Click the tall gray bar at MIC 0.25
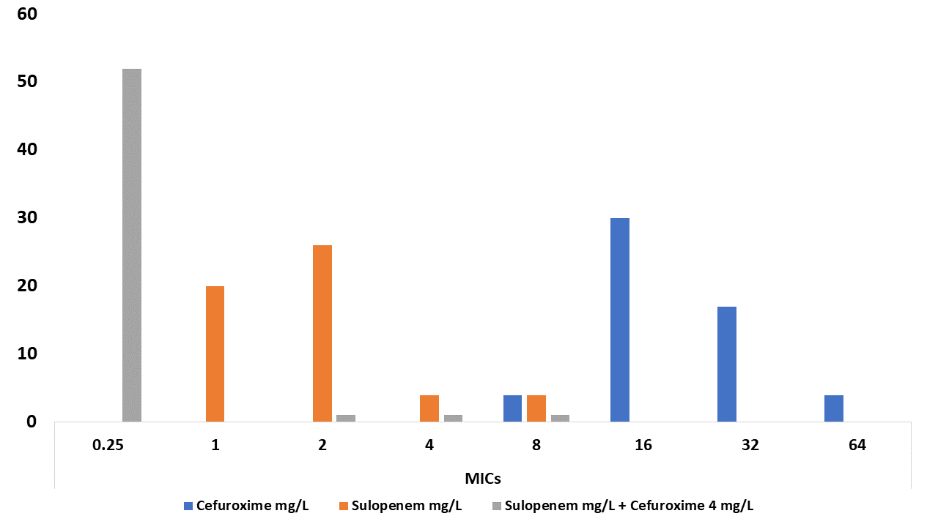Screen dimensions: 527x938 (132, 245)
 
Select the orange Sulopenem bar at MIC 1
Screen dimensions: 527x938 (215, 354)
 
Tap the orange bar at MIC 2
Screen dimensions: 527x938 (322, 333)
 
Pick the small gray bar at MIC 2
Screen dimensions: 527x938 (346, 418)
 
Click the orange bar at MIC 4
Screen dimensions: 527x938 (429, 408)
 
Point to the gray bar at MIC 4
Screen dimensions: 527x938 (453, 418)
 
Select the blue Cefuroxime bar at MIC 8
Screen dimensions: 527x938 (512, 408)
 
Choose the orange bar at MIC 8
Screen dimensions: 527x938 (536, 408)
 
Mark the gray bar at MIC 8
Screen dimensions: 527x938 (560, 418)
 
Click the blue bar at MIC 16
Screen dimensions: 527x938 (620, 320)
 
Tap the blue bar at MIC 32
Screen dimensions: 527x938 (727, 364)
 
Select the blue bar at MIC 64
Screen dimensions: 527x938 (834, 408)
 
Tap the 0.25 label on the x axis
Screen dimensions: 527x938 (108, 445)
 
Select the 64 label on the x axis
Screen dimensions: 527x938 (857, 445)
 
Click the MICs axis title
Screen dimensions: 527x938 (483, 479)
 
